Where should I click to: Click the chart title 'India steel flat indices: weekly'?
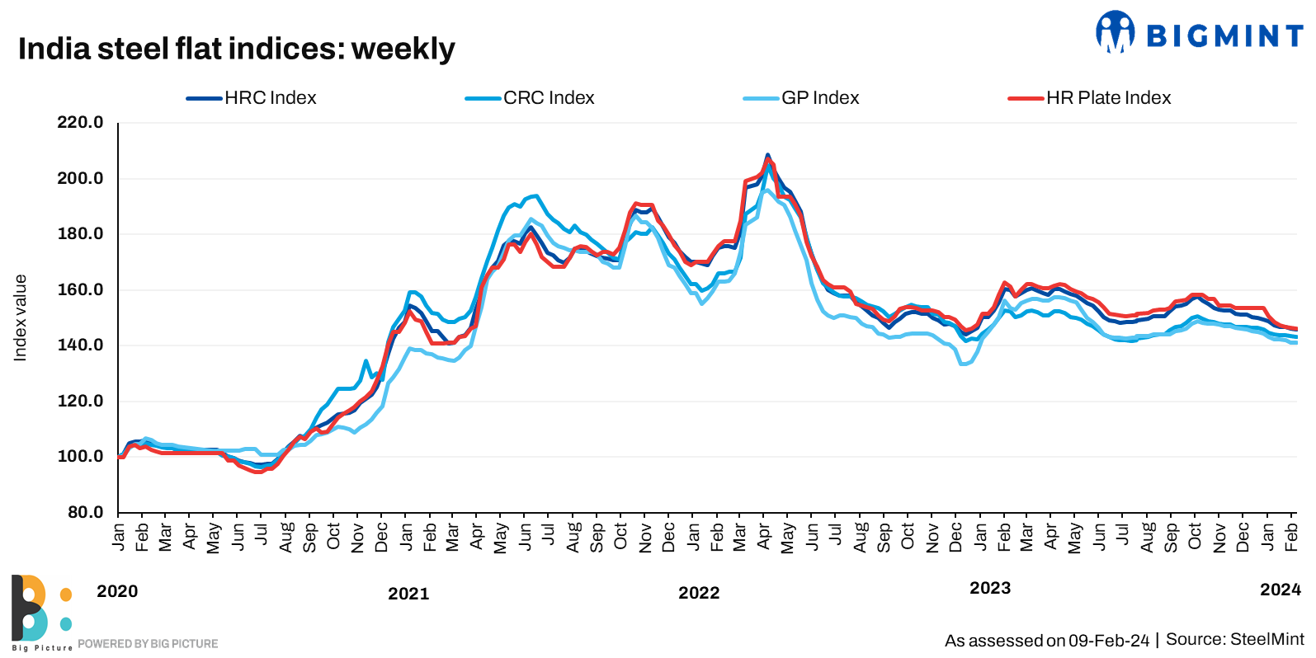coord(236,49)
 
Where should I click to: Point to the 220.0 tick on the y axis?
coord(80,123)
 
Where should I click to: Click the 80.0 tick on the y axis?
coord(85,512)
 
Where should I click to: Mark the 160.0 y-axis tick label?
coord(80,289)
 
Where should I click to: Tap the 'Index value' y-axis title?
coord(21,317)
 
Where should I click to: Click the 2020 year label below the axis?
coord(117,591)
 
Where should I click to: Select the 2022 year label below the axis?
coord(699,593)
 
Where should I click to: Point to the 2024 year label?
coord(1280,590)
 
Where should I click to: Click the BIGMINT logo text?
coord(1224,36)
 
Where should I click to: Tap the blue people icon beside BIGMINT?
coord(1115,32)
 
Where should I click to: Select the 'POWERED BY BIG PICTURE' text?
coord(148,644)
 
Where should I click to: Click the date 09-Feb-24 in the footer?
coord(1109,641)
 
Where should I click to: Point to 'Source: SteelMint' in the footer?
coord(1235,640)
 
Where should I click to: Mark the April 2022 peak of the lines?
coord(767,155)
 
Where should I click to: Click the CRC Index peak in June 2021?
coord(536,196)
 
